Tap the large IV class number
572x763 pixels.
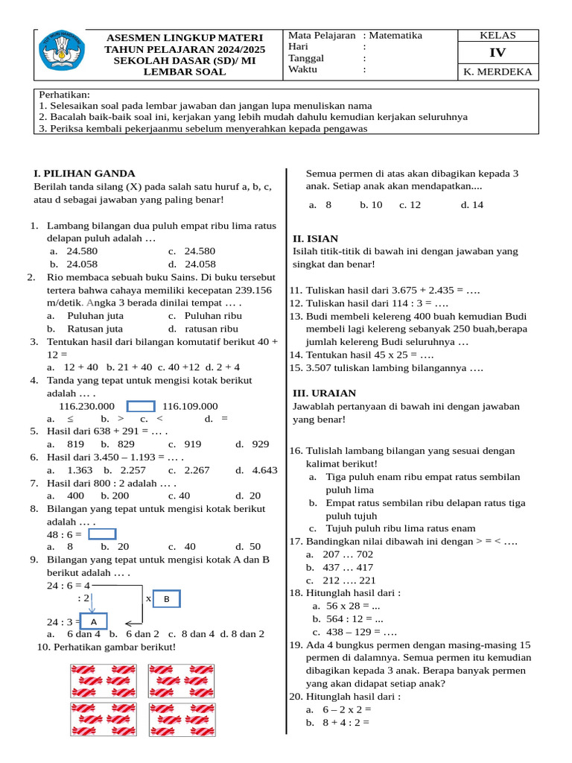497,53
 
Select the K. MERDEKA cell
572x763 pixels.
497,72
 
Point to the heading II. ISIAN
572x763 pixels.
316,238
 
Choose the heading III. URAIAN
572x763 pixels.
324,393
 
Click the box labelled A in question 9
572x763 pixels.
93,621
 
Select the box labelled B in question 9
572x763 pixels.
167,599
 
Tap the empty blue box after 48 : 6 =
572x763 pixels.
102,534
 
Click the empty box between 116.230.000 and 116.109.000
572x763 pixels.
141,406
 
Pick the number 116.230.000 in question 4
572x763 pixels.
86,406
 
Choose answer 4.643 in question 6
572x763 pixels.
264,470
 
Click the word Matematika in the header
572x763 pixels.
395,35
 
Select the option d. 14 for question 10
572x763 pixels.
471,204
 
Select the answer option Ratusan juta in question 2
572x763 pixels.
95,329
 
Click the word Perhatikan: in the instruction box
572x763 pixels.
64,95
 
